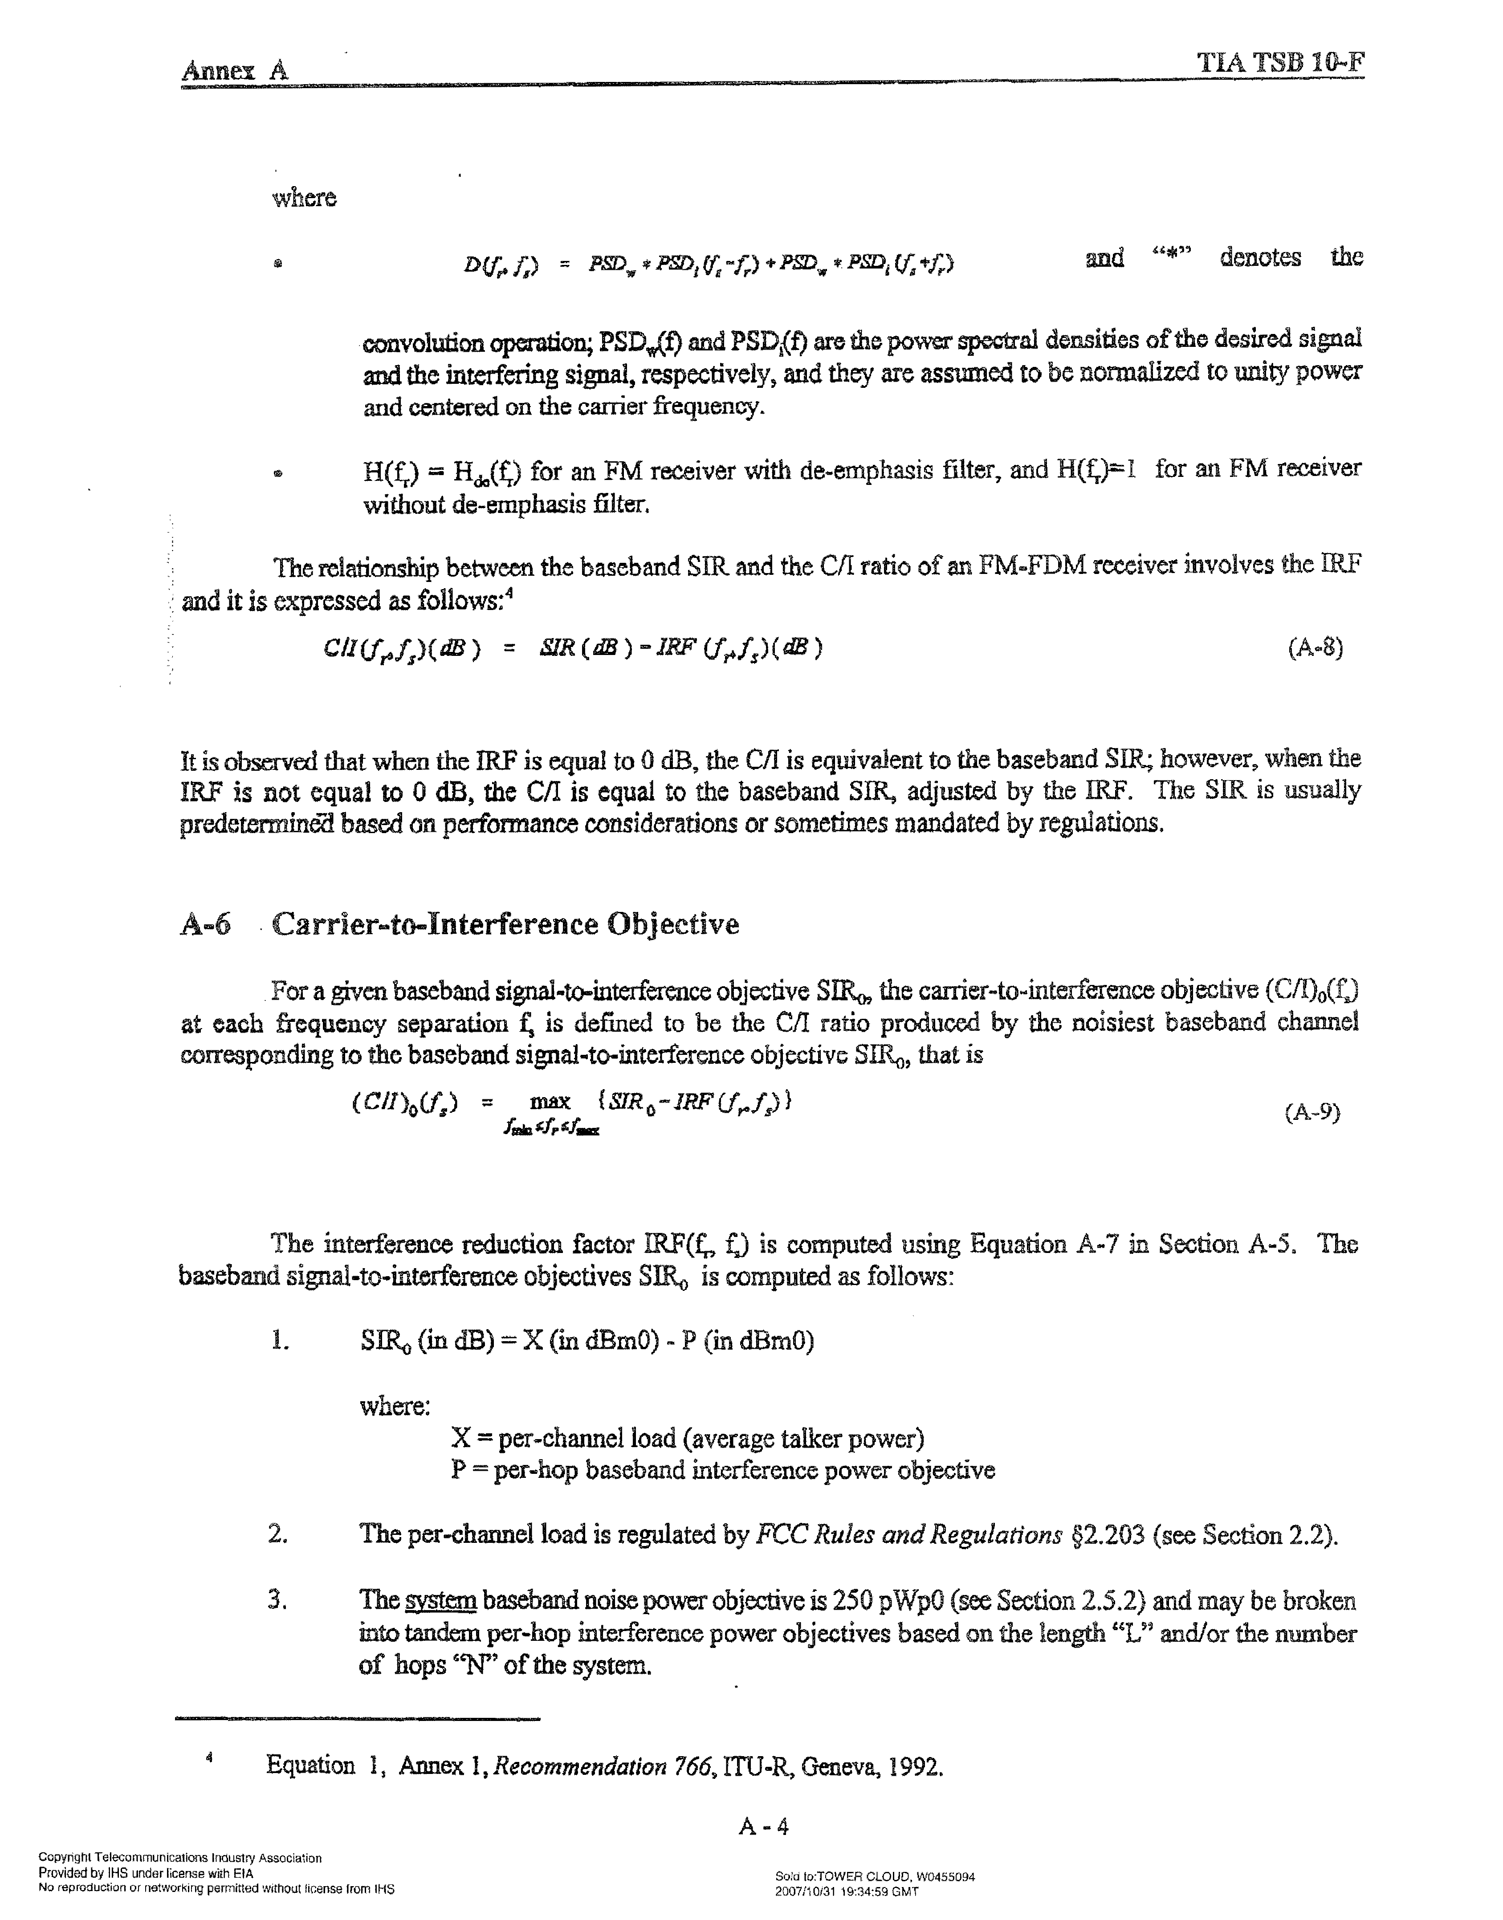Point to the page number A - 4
point(764,1827)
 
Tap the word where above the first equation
point(305,198)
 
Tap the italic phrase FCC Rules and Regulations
point(909,1535)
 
